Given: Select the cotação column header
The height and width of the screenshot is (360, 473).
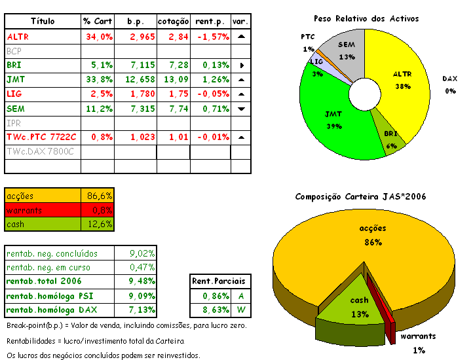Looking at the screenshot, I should (x=173, y=22).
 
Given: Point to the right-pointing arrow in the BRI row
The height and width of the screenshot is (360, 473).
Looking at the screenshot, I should (x=241, y=65).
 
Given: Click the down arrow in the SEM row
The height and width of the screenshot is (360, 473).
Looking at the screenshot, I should (x=241, y=109).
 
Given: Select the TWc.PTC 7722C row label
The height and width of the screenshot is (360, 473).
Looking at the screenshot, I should (x=41, y=137).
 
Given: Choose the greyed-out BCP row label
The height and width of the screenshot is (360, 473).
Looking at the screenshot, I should (x=14, y=51).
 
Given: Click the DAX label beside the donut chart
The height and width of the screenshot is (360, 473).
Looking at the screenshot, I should (x=449, y=79).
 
